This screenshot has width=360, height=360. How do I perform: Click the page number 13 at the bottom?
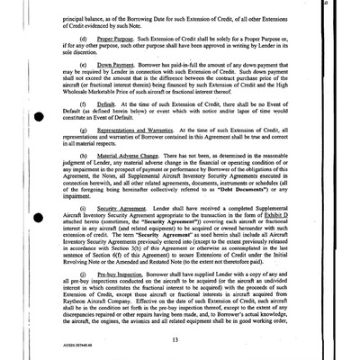(x=181, y=338)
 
